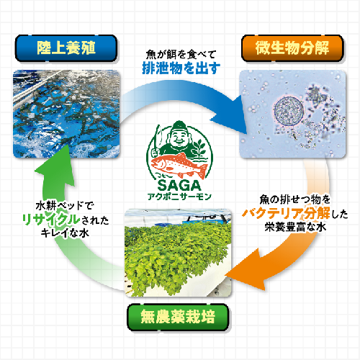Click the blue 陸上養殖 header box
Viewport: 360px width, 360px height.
pyautogui.click(x=66, y=48)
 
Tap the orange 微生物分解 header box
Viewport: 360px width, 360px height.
pyautogui.click(x=292, y=48)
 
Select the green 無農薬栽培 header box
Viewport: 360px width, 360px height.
pyautogui.click(x=178, y=317)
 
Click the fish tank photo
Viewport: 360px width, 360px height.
pyautogui.click(x=66, y=114)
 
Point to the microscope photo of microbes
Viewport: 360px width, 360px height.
pyautogui.click(x=293, y=114)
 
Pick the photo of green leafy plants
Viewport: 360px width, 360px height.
pyautogui.click(x=178, y=253)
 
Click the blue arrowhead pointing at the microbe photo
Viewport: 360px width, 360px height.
pyautogui.click(x=230, y=115)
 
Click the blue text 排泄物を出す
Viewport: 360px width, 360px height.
pyautogui.click(x=181, y=68)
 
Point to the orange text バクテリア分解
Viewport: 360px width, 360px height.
pyautogui.click(x=286, y=213)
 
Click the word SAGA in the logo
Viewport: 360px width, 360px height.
pyautogui.click(x=179, y=185)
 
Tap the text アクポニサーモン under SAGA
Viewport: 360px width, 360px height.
pyautogui.click(x=179, y=197)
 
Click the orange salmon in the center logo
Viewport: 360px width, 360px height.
pyautogui.click(x=179, y=166)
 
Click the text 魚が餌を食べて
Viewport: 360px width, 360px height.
pyautogui.click(x=181, y=55)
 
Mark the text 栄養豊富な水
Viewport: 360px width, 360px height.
pyautogui.click(x=295, y=227)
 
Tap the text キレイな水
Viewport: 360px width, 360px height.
pyautogui.click(x=65, y=233)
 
